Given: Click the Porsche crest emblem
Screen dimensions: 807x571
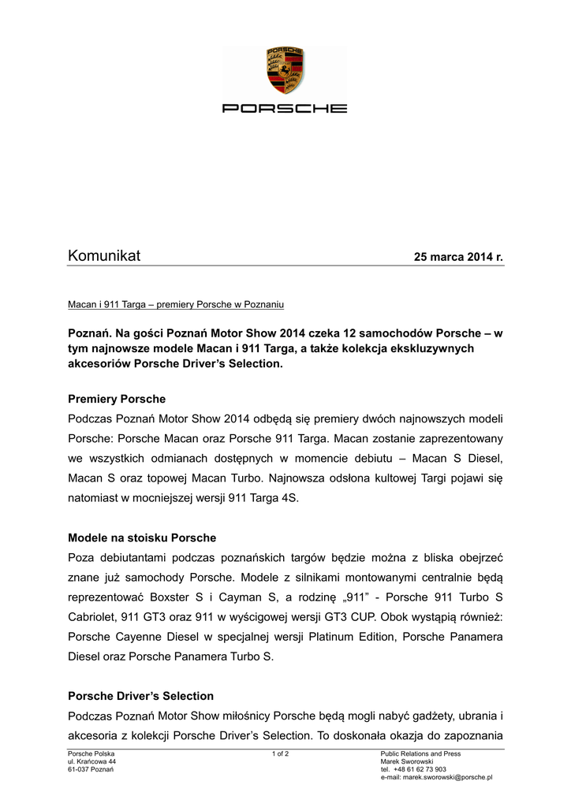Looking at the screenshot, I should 285,71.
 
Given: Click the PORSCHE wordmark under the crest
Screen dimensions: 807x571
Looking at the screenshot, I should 285,108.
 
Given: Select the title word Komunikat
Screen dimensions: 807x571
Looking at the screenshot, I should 104,255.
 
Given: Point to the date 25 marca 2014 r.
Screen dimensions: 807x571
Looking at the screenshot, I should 458,258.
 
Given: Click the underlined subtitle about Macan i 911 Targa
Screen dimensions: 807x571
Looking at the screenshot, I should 176,303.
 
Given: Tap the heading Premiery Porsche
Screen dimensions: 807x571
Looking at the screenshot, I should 117,399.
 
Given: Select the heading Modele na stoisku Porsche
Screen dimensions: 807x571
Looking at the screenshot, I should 142,537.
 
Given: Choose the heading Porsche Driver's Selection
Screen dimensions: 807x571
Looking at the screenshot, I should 141,696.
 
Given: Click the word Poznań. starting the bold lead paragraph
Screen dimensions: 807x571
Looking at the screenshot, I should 89,333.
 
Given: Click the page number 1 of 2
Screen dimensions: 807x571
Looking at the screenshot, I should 281,754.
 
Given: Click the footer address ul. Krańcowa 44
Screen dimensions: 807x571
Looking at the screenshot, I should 92,762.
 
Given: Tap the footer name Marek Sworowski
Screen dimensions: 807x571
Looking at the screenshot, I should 407,762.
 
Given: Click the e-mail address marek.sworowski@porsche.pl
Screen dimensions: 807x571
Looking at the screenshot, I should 446,778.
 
